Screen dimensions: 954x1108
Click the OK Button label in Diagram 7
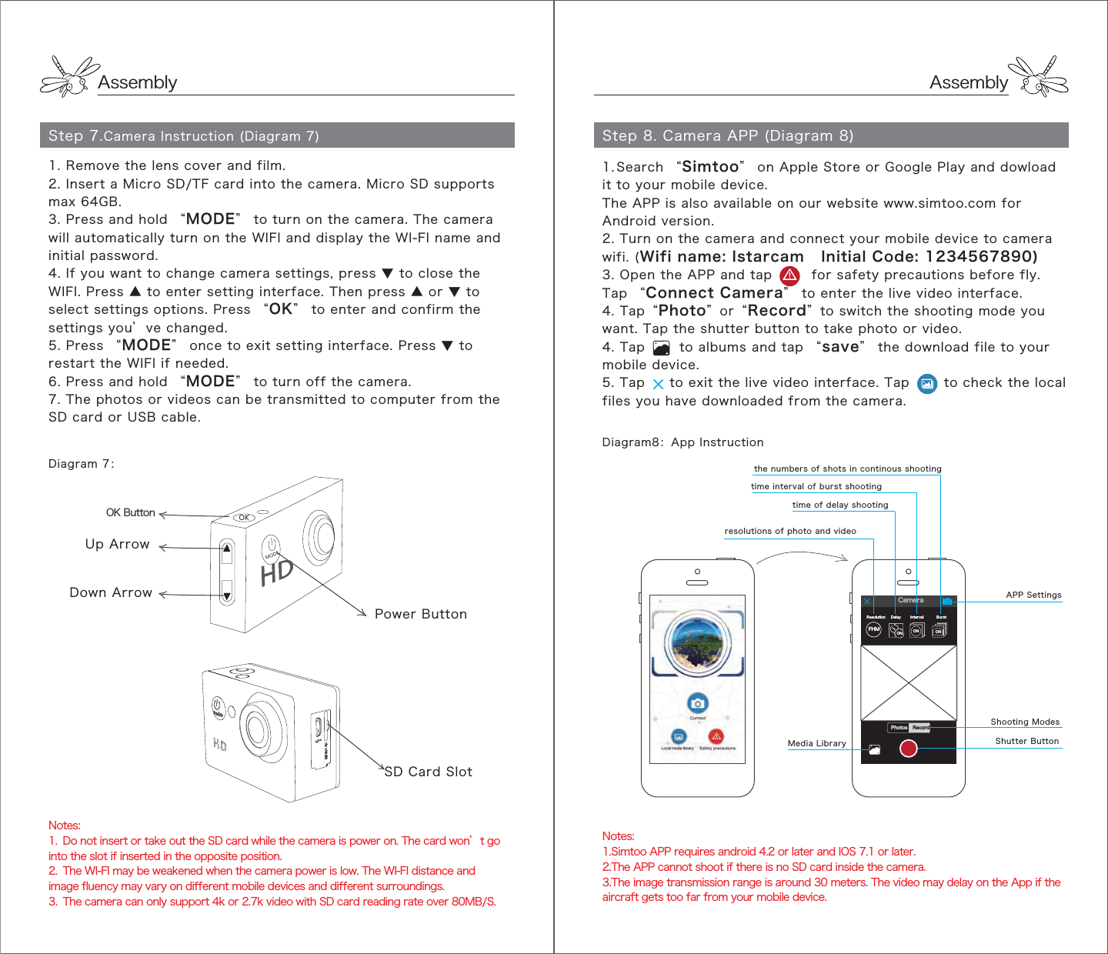(130, 512)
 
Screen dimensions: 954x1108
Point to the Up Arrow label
(117, 544)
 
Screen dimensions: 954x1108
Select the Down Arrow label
(111, 592)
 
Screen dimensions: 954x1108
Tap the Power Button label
(420, 614)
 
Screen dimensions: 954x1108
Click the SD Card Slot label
(428, 772)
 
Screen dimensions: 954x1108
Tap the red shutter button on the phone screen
(909, 748)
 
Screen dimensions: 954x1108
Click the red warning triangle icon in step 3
(789, 275)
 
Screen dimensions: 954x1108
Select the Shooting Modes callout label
(1025, 722)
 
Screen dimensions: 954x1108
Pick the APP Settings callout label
(1033, 595)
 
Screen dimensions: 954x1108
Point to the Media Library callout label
(816, 743)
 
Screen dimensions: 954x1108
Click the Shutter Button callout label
(1026, 741)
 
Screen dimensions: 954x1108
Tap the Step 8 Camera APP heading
(727, 136)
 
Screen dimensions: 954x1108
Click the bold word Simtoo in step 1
(709, 167)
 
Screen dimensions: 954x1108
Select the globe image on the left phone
(697, 640)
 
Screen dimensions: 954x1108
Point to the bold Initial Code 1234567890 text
(929, 257)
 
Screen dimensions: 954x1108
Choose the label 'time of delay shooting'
(840, 505)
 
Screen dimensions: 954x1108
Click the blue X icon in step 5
(658, 384)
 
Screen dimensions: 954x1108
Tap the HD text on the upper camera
(276, 572)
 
